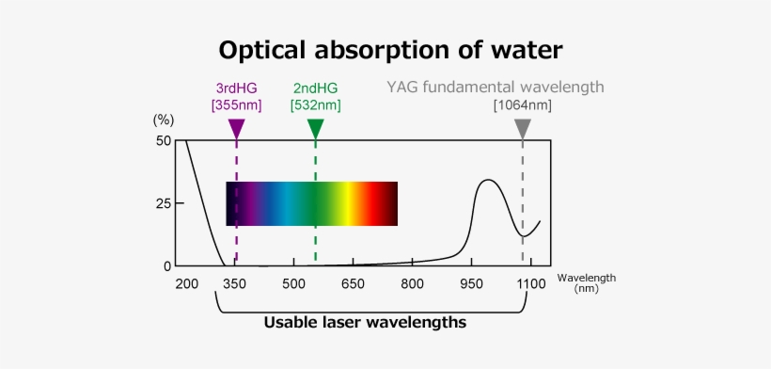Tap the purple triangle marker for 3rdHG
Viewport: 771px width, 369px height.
236,129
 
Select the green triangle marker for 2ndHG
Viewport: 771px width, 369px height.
316,129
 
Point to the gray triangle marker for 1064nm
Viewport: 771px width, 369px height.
523,129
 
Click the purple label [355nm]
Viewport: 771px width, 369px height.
236,104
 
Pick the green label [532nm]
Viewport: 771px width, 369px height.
316,104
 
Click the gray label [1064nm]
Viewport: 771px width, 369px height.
523,104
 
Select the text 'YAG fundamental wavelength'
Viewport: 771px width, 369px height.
495,87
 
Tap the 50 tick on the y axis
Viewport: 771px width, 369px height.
164,141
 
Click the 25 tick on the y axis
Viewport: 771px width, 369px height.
164,203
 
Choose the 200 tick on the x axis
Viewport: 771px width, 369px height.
185,284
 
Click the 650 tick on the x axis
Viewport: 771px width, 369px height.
354,284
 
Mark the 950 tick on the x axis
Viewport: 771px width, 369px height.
471,284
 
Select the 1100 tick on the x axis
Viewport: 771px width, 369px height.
530,284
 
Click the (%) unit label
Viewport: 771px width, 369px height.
164,120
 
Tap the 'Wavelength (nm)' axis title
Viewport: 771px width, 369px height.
586,282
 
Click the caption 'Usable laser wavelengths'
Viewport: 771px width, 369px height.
365,323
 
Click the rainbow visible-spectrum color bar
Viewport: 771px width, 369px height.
311,203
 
